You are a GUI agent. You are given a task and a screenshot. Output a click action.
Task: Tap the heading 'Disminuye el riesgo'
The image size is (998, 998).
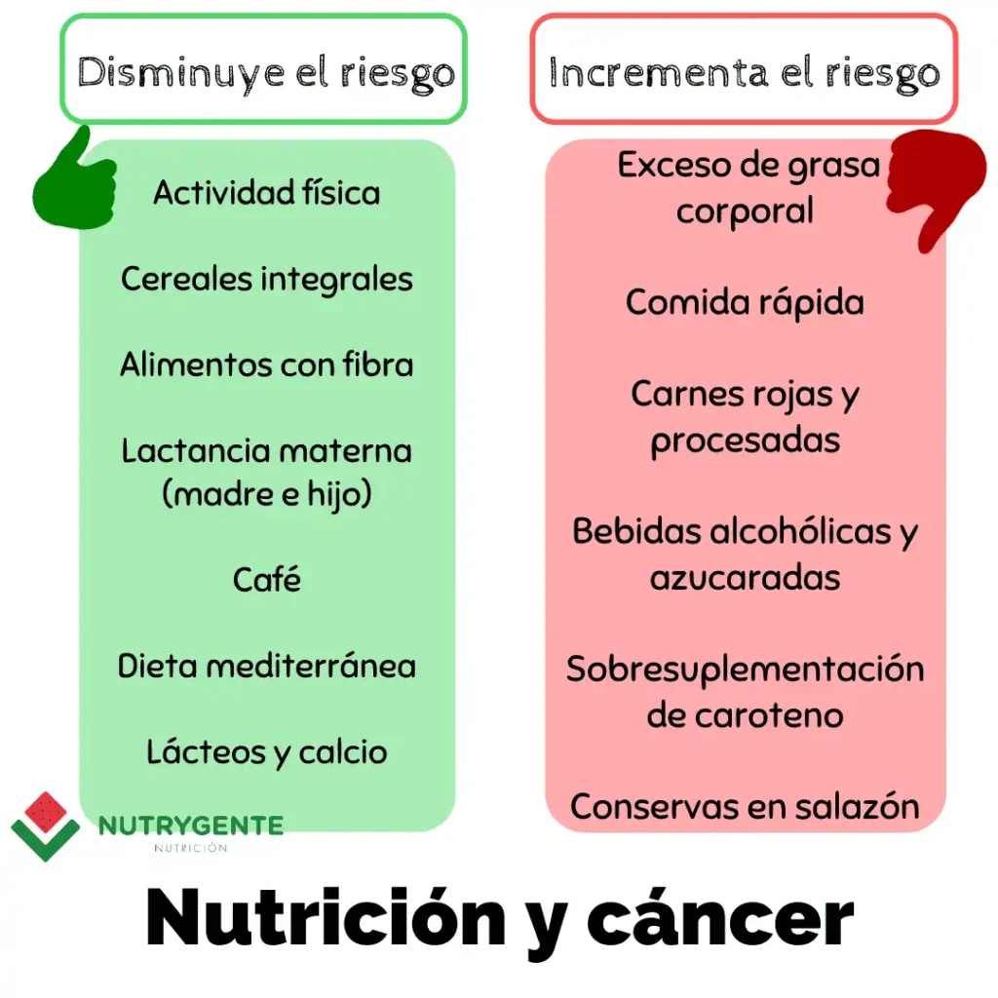tap(266, 72)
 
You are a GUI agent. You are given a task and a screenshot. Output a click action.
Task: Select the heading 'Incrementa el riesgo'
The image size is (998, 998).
tap(744, 72)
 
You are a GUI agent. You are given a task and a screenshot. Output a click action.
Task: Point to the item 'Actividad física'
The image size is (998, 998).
tap(267, 192)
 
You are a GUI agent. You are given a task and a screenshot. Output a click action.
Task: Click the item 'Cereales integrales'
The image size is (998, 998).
tap(267, 280)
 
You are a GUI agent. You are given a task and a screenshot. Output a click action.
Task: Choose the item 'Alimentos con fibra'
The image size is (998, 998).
tap(267, 365)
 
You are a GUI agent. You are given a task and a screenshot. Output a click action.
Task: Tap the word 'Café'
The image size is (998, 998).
tap(267, 579)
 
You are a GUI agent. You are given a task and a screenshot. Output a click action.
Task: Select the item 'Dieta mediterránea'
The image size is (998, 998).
tap(267, 666)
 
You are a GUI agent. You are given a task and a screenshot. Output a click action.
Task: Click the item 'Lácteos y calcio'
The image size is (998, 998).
tap(267, 752)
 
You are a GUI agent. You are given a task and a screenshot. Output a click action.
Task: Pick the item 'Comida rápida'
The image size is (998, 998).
tap(745, 302)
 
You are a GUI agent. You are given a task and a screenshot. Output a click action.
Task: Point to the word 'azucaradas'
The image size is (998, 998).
tap(745, 578)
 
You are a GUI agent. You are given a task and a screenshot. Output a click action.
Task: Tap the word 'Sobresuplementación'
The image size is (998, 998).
tap(745, 670)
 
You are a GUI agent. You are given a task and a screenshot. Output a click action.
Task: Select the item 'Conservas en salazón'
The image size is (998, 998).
tap(745, 806)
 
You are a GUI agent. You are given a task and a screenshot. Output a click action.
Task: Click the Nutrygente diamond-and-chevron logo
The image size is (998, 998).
tap(45, 826)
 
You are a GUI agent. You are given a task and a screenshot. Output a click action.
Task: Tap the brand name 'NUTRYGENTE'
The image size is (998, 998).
tap(191, 825)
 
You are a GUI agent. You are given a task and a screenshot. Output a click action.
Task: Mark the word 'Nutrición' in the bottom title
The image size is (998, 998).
tap(326, 918)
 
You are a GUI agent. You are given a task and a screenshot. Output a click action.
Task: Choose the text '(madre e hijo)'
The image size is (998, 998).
tap(267, 494)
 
